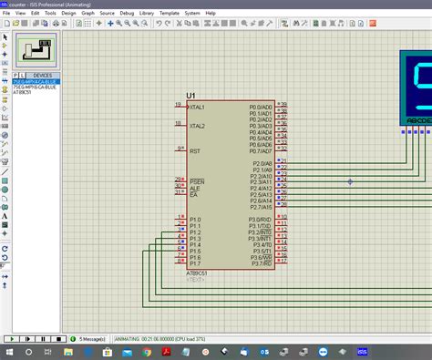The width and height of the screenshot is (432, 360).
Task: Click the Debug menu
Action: click(x=127, y=14)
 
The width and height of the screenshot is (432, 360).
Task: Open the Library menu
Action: click(x=147, y=14)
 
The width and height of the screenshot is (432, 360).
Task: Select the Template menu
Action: click(x=170, y=14)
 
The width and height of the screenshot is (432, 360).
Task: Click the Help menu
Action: click(x=211, y=14)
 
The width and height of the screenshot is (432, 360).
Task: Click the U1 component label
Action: click(x=190, y=96)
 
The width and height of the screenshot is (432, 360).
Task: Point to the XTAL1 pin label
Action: click(x=197, y=107)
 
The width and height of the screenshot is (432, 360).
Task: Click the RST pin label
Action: click(x=194, y=150)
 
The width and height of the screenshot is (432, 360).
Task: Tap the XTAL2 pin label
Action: click(x=197, y=126)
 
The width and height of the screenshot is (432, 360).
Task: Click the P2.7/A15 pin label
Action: click(x=261, y=208)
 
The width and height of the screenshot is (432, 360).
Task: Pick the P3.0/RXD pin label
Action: click(x=261, y=220)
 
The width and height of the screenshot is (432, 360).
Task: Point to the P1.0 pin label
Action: click(x=195, y=220)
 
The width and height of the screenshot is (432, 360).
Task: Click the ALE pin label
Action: click(x=194, y=188)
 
